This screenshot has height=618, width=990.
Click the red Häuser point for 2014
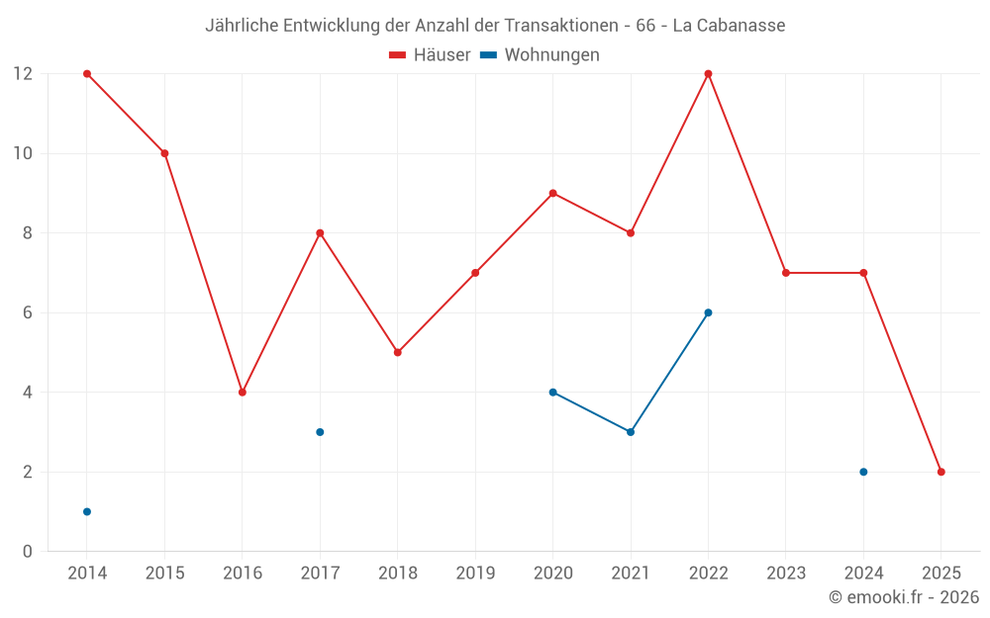[87, 74]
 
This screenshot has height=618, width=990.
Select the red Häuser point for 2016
[243, 393]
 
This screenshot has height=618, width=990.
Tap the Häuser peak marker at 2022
[708, 74]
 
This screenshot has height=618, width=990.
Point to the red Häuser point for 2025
[940, 472]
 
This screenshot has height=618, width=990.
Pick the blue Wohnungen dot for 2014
[87, 511]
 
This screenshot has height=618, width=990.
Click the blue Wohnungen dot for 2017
[320, 432]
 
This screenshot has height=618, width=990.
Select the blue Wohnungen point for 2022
[708, 312]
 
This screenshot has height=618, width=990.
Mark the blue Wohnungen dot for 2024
[863, 472]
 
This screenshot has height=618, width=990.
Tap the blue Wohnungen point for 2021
[631, 432]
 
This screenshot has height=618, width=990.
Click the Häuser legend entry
[430, 55]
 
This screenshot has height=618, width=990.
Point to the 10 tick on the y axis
[22, 153]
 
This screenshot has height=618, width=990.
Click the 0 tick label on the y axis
[27, 551]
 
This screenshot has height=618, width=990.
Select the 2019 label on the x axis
[475, 574]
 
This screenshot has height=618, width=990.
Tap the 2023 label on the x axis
[786, 574]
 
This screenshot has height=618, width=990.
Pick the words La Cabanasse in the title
[729, 26]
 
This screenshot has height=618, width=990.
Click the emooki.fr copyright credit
[903, 597]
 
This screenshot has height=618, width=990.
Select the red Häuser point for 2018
[398, 352]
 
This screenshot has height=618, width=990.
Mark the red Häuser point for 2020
[552, 193]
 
